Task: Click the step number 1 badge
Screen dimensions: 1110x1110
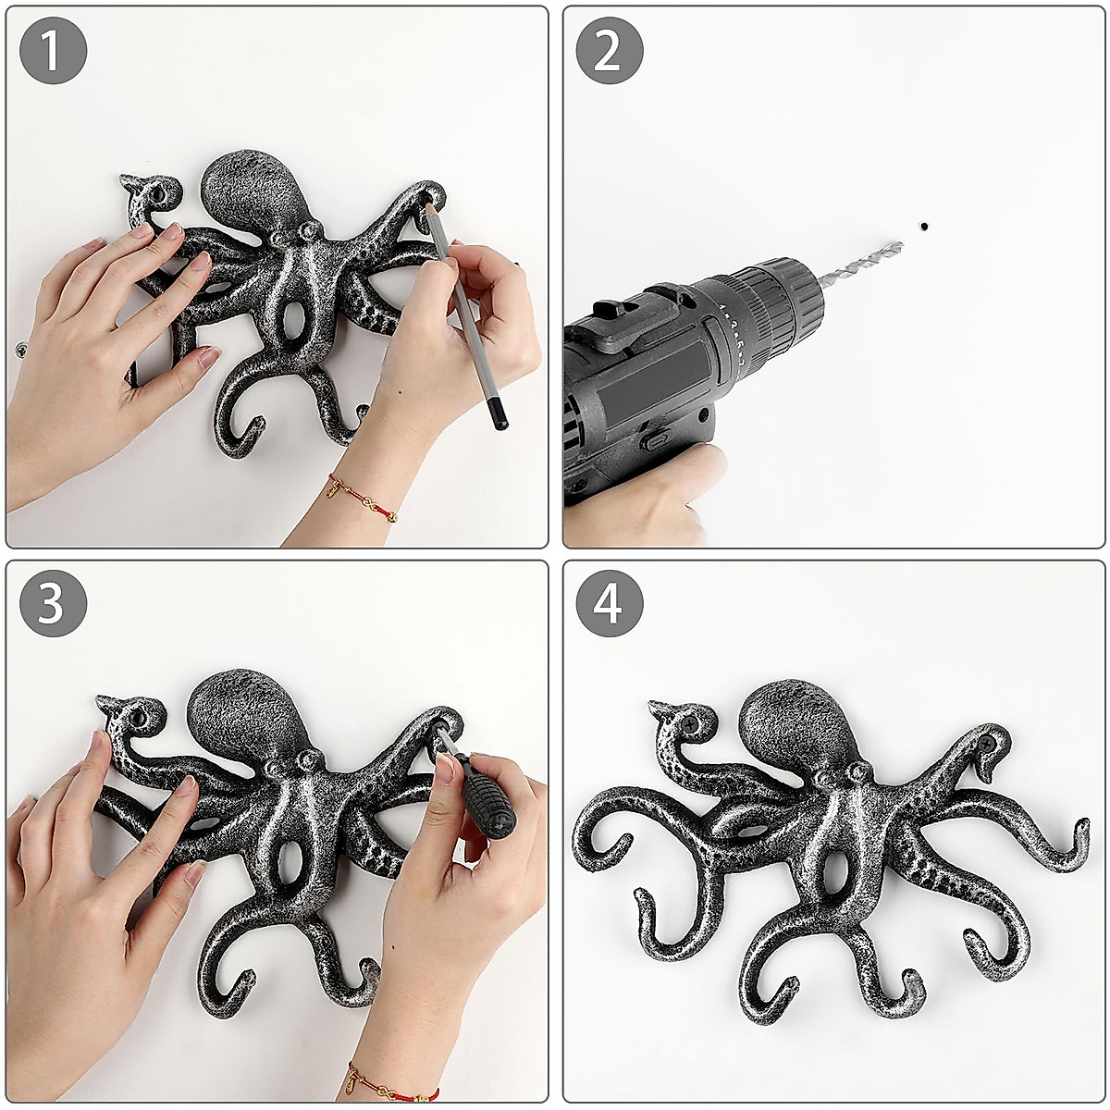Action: (53, 51)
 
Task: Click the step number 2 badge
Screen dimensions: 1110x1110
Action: (610, 51)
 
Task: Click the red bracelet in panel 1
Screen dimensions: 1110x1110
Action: (363, 497)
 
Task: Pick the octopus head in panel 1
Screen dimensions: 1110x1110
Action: (251, 190)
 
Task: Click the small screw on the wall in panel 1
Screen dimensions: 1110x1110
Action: (20, 349)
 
